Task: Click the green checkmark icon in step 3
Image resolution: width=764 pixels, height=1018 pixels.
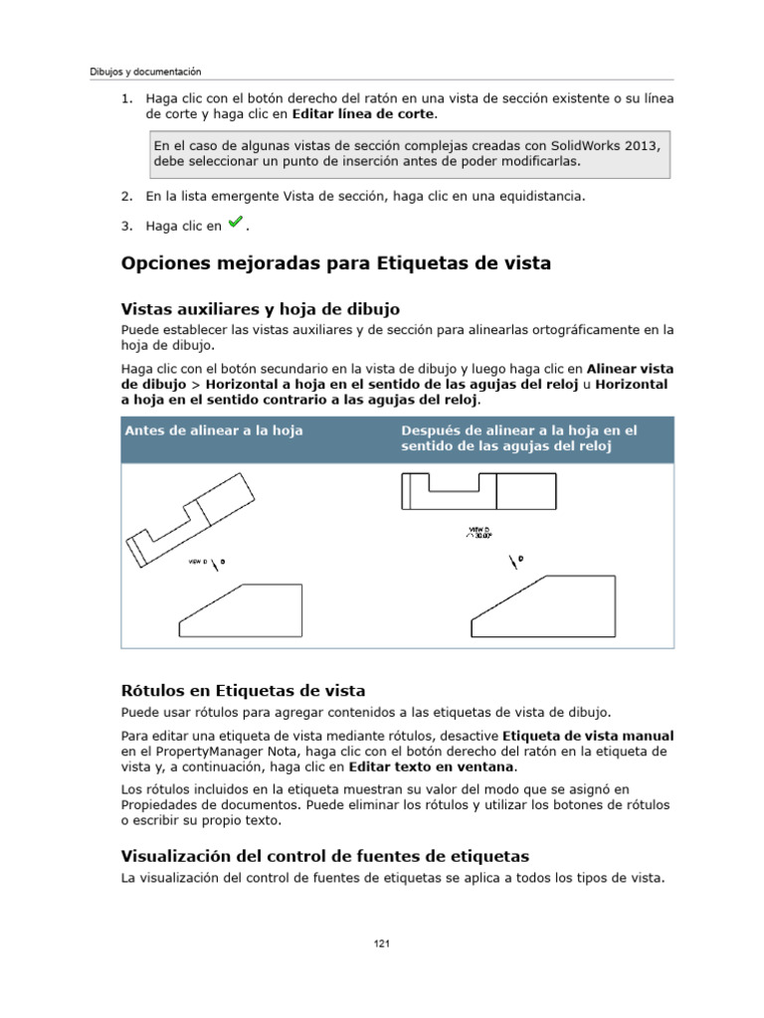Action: tap(236, 224)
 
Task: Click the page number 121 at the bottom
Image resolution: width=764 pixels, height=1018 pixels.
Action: tap(381, 943)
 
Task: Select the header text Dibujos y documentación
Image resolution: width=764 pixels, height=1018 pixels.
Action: tap(145, 72)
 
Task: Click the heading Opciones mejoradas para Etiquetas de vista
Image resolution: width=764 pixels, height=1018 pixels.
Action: tap(335, 263)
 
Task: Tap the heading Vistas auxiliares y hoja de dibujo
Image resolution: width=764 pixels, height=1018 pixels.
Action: tap(260, 309)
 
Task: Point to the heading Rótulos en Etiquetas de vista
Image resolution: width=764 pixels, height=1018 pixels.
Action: tap(243, 690)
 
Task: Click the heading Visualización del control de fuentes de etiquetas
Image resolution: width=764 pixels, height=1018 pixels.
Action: tap(324, 856)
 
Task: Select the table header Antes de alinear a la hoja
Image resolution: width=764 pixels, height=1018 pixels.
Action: tap(213, 430)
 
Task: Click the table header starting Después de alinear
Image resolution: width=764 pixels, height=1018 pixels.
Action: tap(518, 438)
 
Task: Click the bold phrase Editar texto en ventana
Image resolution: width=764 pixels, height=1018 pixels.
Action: tap(433, 767)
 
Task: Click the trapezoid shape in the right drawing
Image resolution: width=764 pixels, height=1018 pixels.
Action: tap(541, 608)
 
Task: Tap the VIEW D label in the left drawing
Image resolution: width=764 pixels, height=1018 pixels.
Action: tap(197, 562)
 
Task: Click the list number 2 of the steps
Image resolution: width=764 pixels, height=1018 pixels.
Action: tap(126, 197)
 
